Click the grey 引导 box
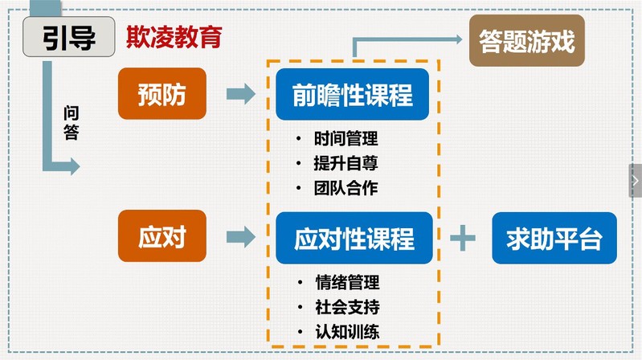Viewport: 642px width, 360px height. [68, 37]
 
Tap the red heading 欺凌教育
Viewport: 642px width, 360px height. [174, 38]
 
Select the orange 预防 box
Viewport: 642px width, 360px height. [161, 95]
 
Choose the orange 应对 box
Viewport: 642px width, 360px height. [161, 237]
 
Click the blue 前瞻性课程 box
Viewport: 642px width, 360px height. [354, 96]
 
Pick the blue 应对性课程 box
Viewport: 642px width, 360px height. [354, 239]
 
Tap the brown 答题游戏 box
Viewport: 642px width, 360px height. [526, 40]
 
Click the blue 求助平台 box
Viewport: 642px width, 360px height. [554, 238]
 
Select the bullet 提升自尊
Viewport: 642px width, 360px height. [346, 164]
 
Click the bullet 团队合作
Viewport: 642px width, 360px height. [346, 189]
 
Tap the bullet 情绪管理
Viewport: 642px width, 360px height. [346, 283]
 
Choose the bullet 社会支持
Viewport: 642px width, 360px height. [346, 307]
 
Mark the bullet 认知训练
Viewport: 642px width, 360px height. [346, 332]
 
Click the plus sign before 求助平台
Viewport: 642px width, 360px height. [463, 239]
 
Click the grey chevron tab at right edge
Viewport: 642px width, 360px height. [635, 181]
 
